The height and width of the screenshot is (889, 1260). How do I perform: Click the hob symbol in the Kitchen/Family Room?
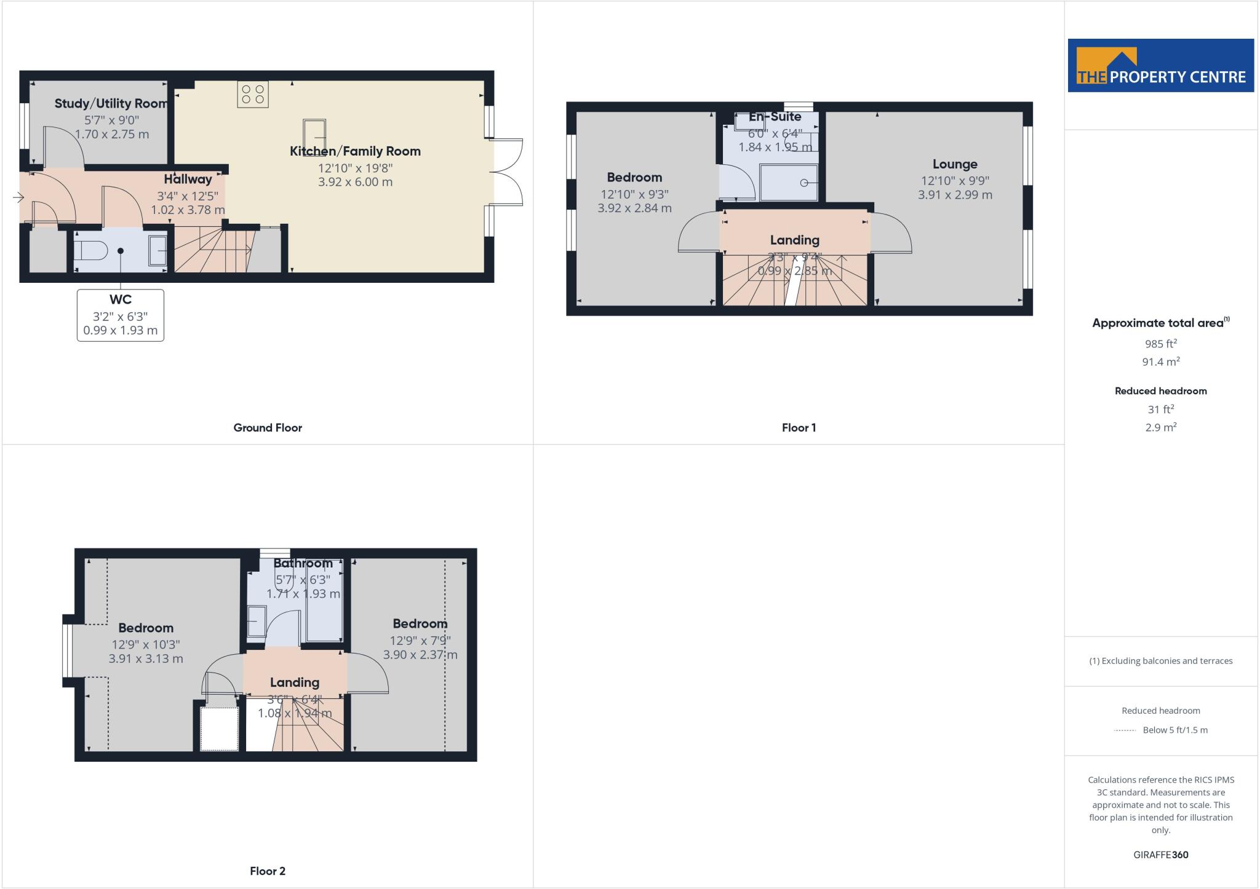click(253, 94)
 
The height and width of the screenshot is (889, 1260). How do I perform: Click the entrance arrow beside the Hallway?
click(18, 197)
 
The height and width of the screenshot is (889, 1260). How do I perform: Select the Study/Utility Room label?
click(111, 103)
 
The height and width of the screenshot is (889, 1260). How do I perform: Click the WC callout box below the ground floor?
click(121, 315)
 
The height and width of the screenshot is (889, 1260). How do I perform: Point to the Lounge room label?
click(955, 164)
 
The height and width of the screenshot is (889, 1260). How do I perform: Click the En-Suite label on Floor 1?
click(775, 117)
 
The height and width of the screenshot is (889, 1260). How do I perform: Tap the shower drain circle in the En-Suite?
click(803, 183)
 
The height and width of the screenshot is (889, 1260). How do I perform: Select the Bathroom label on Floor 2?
click(303, 563)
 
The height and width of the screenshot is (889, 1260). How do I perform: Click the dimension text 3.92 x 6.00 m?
click(355, 182)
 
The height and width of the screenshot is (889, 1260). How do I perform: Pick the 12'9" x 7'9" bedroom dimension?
click(420, 641)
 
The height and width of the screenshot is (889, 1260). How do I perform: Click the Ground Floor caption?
click(268, 428)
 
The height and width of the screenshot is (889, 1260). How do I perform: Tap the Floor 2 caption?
click(268, 871)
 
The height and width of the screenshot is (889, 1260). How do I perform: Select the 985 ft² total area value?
click(1161, 344)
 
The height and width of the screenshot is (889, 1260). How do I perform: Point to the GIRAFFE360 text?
click(1161, 855)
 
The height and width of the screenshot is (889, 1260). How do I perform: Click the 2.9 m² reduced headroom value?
click(1161, 427)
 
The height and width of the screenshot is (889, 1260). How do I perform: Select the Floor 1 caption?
click(799, 428)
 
